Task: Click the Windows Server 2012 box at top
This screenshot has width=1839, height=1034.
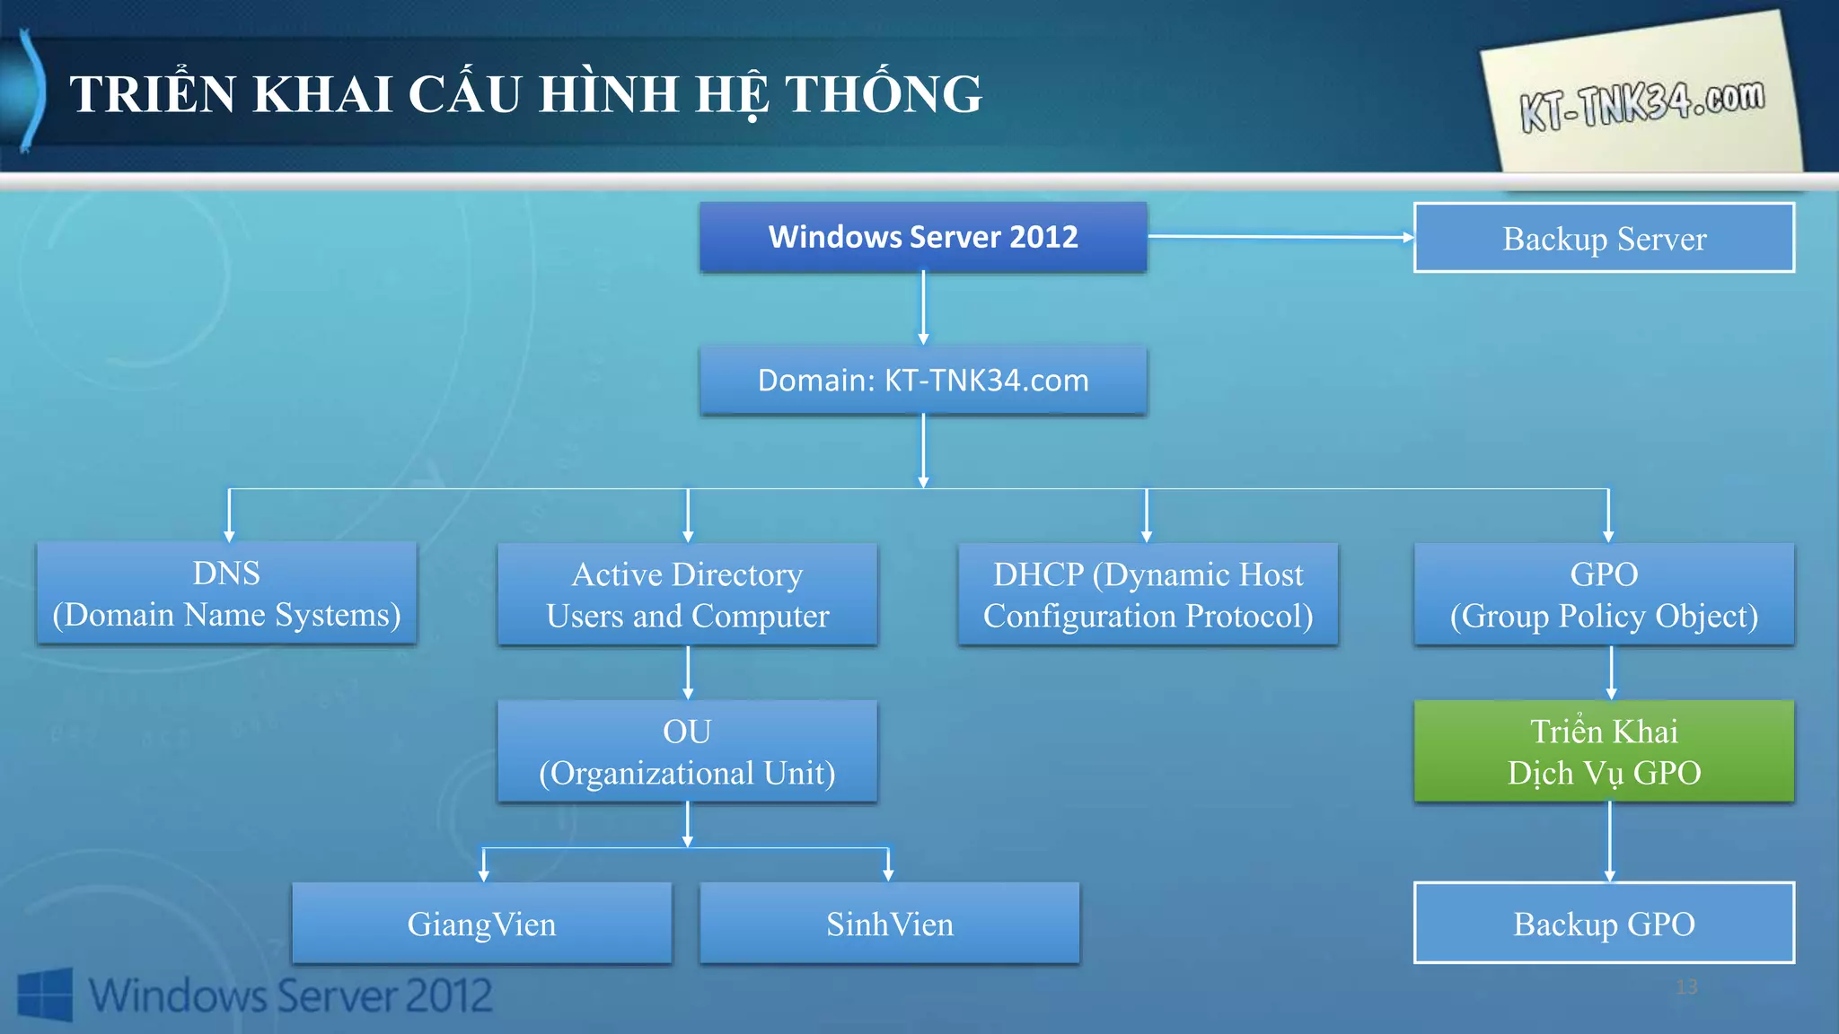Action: point(923,237)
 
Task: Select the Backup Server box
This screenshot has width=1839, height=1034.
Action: point(1604,238)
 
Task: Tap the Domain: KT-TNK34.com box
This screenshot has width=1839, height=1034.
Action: point(923,381)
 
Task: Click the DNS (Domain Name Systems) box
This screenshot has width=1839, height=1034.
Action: point(226,593)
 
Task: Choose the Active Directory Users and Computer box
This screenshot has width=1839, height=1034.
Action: point(687,594)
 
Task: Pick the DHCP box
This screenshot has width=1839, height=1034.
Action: point(1148,594)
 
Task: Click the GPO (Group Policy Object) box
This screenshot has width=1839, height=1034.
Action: point(1604,594)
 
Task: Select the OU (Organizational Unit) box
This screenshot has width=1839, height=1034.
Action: point(687,751)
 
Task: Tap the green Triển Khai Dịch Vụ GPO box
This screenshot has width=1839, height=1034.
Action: point(1604,751)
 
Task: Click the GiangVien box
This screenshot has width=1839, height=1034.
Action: point(481,924)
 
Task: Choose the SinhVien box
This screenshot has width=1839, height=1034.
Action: point(889,924)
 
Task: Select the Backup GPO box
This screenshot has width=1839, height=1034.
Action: point(1604,924)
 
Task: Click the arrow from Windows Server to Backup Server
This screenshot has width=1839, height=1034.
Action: point(1280,237)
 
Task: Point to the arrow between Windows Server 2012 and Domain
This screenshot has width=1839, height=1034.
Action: point(923,308)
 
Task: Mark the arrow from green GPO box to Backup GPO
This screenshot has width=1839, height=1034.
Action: point(1609,841)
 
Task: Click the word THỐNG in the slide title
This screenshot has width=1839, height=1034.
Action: point(884,94)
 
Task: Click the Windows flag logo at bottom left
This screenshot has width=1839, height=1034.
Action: point(45,994)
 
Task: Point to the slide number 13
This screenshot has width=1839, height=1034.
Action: point(1686,987)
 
